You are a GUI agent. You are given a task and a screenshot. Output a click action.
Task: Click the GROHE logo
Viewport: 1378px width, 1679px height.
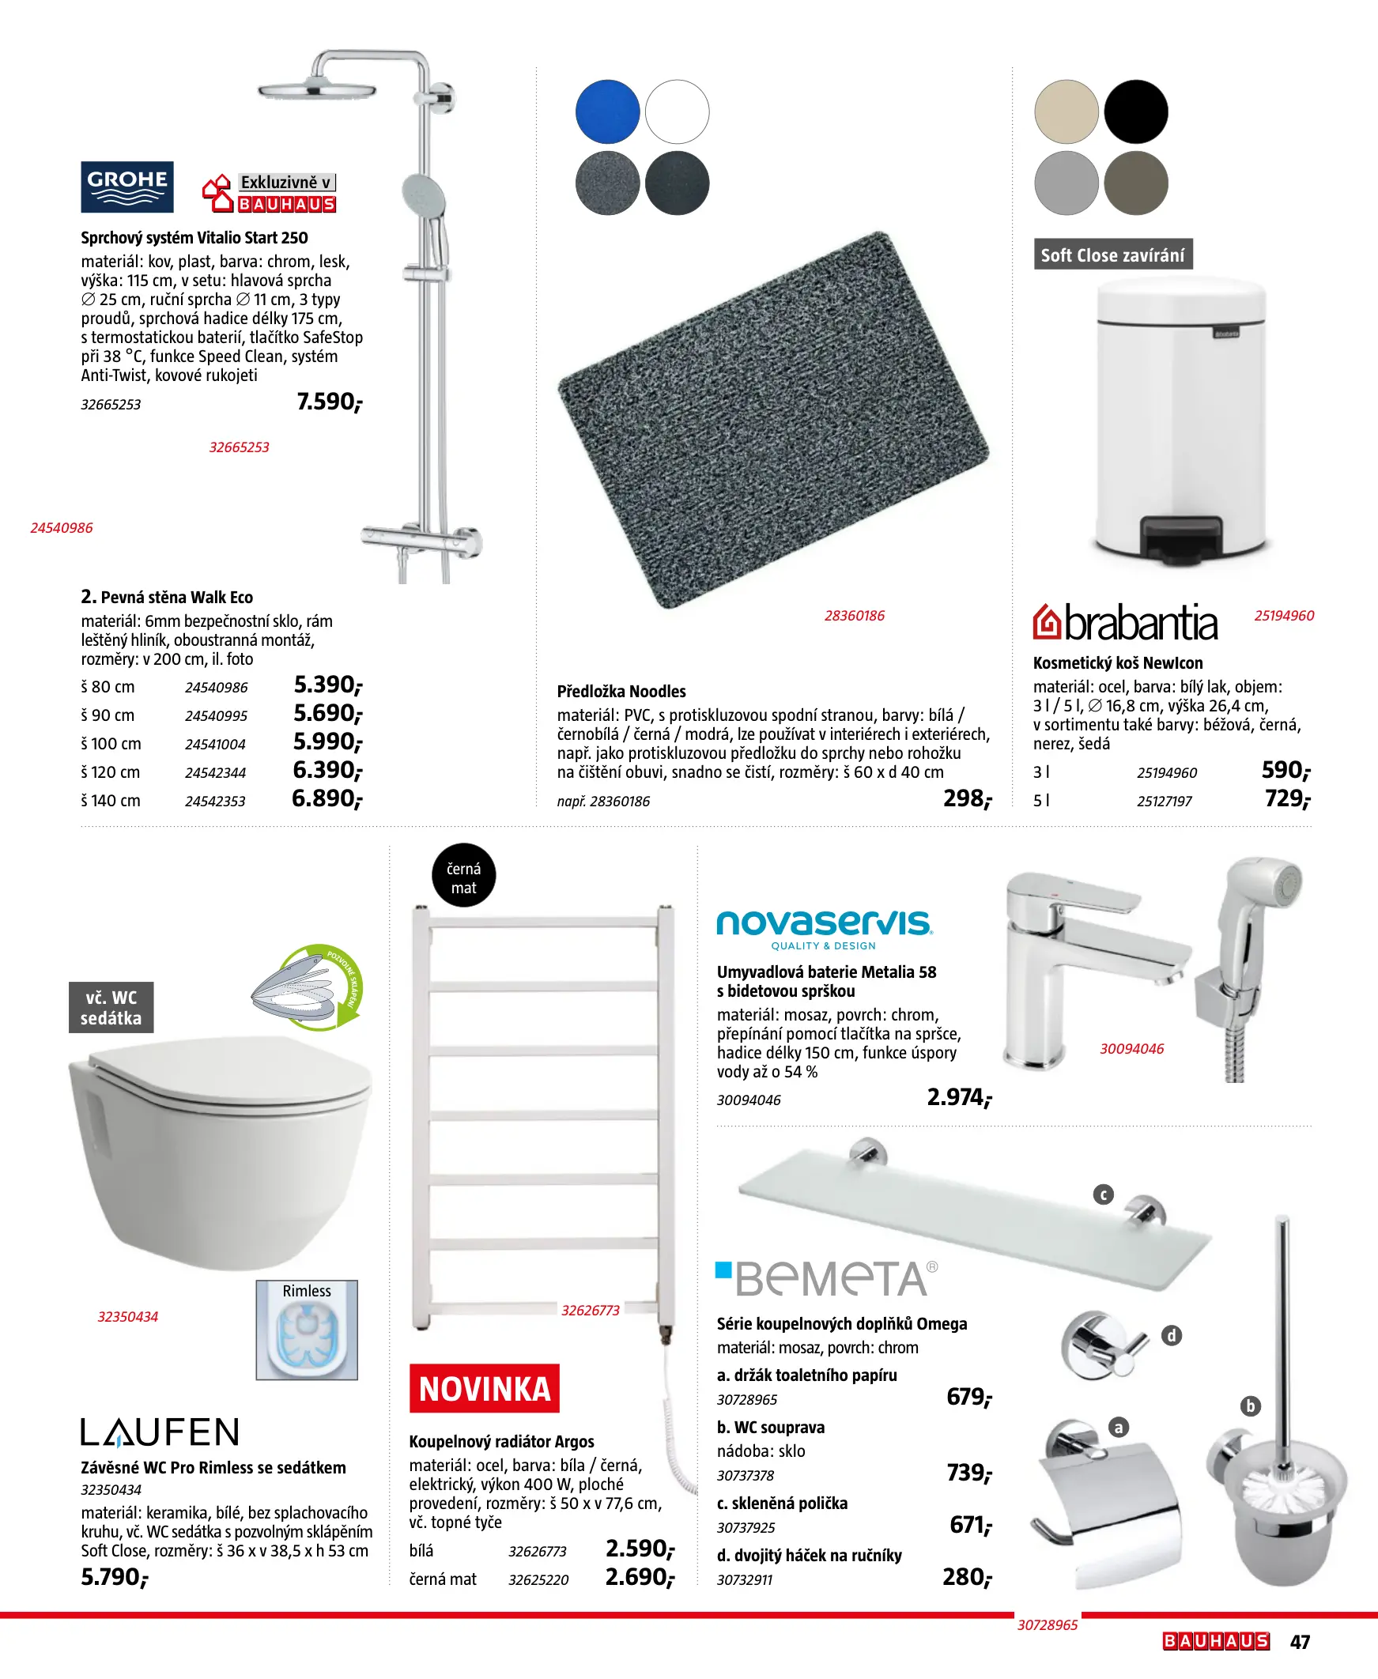127,187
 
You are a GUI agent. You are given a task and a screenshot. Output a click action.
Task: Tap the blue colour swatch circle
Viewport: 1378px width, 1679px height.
607,111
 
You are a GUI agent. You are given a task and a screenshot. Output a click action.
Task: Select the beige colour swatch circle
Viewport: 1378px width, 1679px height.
1066,111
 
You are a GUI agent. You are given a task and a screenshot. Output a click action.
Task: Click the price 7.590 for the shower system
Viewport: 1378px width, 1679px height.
329,402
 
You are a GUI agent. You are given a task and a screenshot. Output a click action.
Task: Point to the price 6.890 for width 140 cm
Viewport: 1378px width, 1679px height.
327,798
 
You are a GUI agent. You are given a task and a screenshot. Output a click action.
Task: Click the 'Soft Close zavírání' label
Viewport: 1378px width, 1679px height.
1112,255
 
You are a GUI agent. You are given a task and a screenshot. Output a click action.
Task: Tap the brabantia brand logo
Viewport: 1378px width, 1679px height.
1125,623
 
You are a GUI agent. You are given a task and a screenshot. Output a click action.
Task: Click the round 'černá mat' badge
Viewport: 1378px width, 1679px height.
463,875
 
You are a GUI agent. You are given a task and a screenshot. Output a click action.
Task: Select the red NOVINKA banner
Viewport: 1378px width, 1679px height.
484,1389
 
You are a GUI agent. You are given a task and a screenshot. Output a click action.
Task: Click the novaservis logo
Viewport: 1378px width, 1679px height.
824,927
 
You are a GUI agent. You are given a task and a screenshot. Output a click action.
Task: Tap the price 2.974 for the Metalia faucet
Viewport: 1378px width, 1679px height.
959,1097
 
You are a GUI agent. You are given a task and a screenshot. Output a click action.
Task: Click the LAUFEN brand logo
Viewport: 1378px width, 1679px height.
160,1432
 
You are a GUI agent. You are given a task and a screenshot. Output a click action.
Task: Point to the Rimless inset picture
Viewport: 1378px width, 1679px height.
307,1330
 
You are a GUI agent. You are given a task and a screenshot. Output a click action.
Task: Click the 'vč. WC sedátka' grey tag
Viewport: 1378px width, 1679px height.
111,1008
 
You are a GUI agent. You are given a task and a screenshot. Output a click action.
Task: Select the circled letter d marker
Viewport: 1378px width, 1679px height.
1171,1335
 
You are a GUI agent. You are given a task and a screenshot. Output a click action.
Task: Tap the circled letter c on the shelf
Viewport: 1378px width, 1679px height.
1104,1195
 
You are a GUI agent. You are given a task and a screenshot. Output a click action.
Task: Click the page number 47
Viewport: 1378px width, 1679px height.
1300,1642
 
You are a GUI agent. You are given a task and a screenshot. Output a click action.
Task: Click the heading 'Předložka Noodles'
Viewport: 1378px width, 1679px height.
621,691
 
